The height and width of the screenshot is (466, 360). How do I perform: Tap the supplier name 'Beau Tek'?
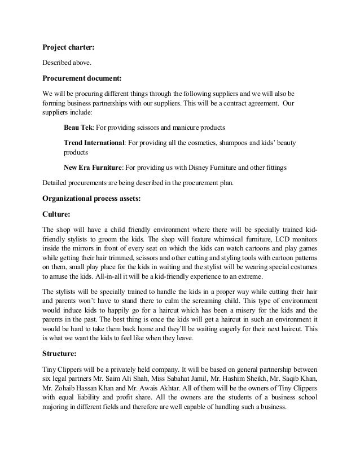(x=78, y=124)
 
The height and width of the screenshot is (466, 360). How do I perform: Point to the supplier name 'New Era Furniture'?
(x=93, y=168)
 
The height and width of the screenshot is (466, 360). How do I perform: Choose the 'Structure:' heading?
(x=63, y=355)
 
